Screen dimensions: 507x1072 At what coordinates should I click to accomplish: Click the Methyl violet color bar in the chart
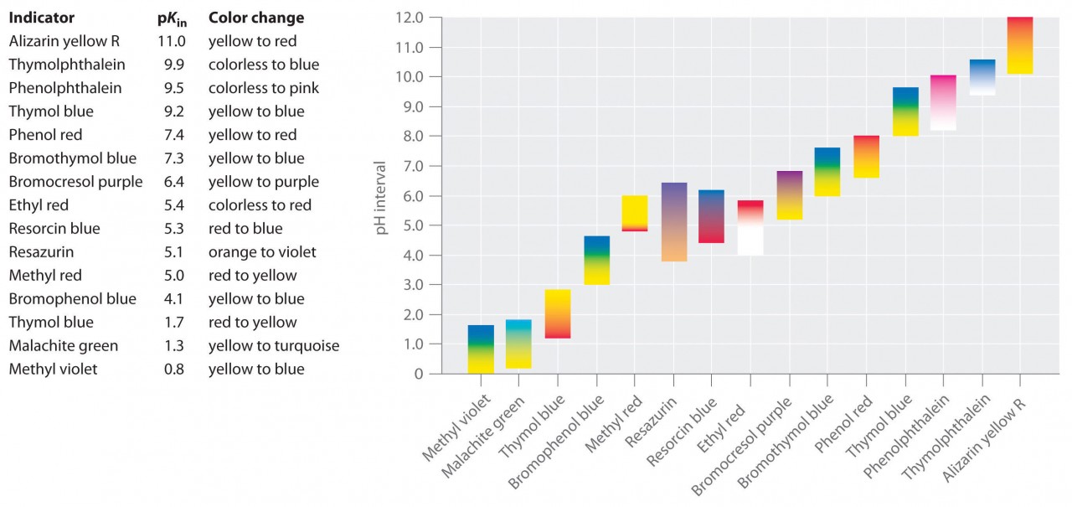[481, 349]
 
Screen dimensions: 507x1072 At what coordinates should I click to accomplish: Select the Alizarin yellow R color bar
[1019, 45]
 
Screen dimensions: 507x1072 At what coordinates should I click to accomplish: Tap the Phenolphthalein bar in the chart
[943, 102]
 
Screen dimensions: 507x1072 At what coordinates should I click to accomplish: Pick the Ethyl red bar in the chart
[750, 227]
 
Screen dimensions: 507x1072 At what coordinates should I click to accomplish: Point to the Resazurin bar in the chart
[674, 222]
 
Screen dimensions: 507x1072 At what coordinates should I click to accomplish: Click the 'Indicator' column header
[41, 18]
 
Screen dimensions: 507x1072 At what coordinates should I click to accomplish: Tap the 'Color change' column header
[256, 18]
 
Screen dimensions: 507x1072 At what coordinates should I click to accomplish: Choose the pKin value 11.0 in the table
[171, 41]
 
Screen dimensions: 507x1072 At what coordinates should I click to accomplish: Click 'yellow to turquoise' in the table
[273, 345]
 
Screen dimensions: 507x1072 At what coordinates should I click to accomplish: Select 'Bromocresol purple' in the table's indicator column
[75, 182]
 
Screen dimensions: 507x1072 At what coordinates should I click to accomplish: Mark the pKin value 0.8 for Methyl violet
[173, 369]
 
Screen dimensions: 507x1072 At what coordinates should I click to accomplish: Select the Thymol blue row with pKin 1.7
[51, 322]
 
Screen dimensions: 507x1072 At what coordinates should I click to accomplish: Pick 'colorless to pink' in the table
[263, 88]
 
